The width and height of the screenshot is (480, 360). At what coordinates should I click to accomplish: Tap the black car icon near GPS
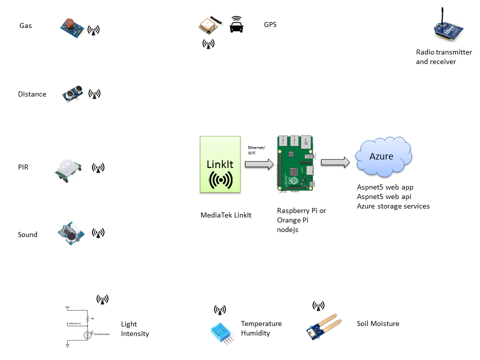click(x=236, y=24)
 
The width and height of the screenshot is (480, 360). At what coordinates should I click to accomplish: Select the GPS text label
click(x=270, y=24)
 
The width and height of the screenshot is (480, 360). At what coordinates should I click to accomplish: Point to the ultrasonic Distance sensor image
click(x=73, y=93)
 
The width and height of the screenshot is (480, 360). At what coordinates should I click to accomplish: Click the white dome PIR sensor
click(x=67, y=169)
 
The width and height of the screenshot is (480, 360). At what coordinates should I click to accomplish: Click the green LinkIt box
click(x=219, y=164)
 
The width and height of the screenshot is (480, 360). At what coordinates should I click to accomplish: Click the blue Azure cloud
click(x=383, y=157)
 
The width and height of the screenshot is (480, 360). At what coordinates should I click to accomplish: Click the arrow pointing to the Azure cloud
click(x=334, y=162)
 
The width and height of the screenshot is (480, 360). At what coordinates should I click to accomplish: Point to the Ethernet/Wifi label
click(x=256, y=150)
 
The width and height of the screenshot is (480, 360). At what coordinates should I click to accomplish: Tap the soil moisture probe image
click(x=323, y=324)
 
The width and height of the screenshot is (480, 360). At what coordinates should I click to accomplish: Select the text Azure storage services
click(x=393, y=206)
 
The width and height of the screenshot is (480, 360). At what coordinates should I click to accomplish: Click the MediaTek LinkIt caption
click(x=225, y=215)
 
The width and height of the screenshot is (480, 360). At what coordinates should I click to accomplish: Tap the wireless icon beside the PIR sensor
click(x=98, y=168)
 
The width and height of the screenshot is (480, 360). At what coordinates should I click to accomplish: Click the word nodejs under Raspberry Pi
click(x=288, y=229)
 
